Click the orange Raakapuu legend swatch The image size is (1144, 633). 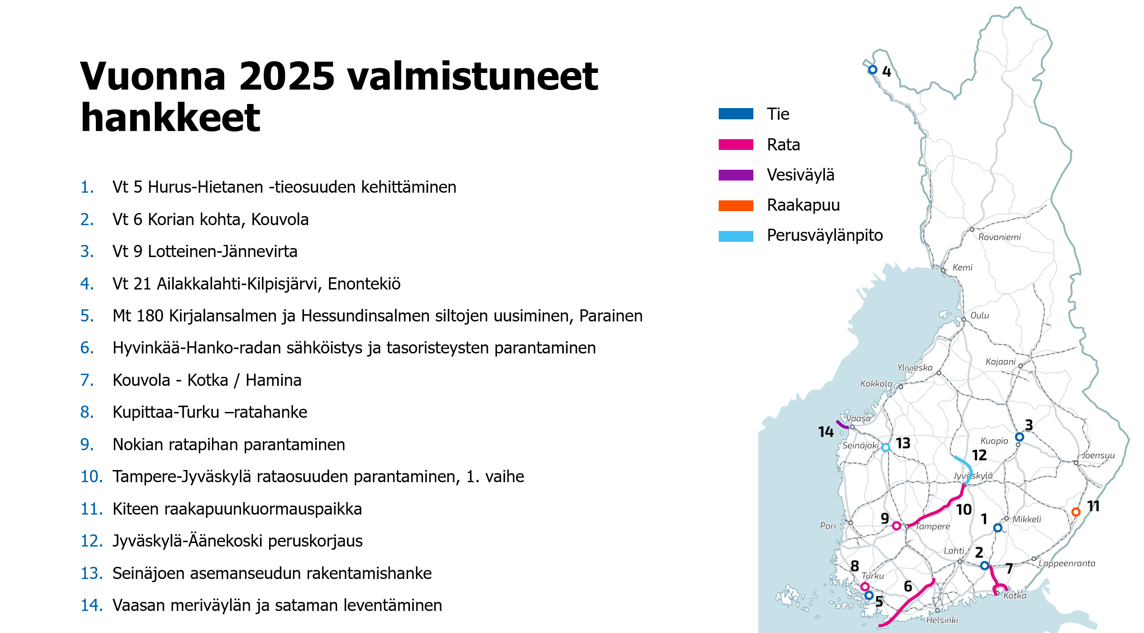(x=735, y=206)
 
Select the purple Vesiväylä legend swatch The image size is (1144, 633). (x=735, y=175)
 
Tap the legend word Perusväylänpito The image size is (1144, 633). (x=824, y=235)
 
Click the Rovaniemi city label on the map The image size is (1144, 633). (x=999, y=237)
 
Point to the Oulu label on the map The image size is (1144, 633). (x=979, y=315)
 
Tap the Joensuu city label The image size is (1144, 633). (x=1098, y=455)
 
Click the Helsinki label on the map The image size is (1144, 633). (x=942, y=620)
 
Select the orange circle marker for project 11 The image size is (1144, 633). (x=1076, y=512)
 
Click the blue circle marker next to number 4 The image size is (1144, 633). (x=873, y=70)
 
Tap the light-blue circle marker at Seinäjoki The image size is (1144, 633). (x=885, y=448)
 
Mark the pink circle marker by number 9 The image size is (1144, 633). (x=896, y=525)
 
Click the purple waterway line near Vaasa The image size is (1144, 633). (x=842, y=425)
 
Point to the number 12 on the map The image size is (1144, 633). (x=979, y=455)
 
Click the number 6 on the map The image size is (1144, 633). (x=908, y=586)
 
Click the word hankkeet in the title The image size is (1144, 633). (x=170, y=118)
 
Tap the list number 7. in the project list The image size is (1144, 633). (x=87, y=380)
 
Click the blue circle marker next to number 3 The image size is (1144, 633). (x=1019, y=437)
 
